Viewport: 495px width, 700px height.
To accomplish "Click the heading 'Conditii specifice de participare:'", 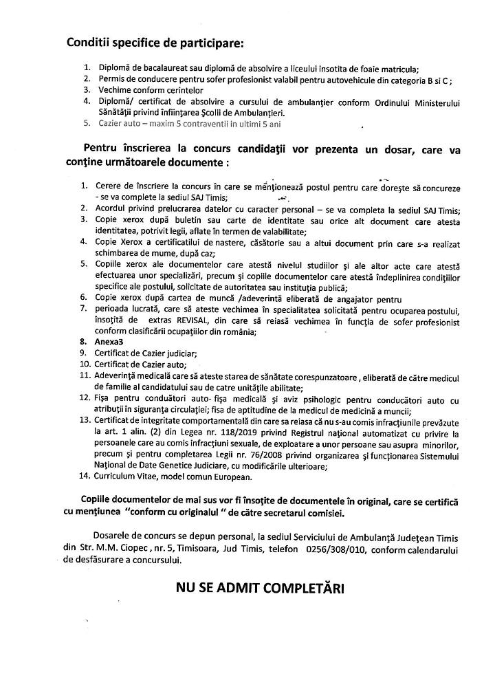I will coord(155,43).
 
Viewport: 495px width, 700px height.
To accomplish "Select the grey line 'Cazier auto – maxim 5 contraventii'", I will coord(190,124).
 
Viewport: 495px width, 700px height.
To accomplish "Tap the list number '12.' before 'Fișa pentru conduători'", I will coord(86,398).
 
